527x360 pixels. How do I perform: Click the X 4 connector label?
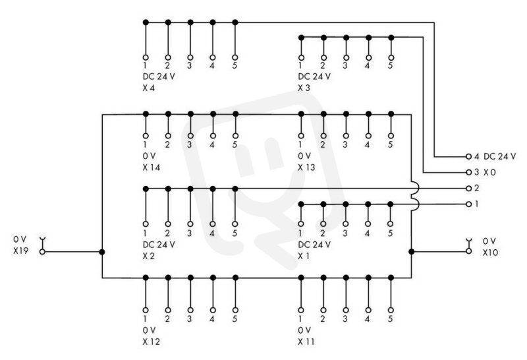pos(149,88)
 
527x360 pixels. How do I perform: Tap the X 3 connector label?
pos(304,88)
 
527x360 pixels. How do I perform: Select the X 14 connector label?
pos(152,167)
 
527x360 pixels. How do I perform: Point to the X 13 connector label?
pos(306,167)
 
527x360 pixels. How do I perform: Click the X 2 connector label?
pos(149,256)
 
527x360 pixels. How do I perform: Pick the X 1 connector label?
pos(304,256)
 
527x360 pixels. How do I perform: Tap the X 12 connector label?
pos(152,342)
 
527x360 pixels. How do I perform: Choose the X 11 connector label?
pos(306,342)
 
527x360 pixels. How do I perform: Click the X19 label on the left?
pos(21,251)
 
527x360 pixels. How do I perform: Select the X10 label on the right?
pos(490,253)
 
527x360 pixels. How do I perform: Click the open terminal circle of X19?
pos(42,252)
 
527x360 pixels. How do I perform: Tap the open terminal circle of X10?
pos(469,251)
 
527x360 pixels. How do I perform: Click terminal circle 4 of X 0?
pos(469,156)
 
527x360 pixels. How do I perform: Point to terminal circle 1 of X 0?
pos(469,204)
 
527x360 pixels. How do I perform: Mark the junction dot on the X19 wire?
pos(102,252)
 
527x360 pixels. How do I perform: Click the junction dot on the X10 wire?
pos(411,252)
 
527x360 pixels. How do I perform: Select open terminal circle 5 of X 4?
pos(235,57)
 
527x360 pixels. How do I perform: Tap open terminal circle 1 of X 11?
pos(301,310)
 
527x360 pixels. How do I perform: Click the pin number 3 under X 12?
pos(190,318)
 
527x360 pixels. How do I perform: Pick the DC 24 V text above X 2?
pos(159,245)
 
